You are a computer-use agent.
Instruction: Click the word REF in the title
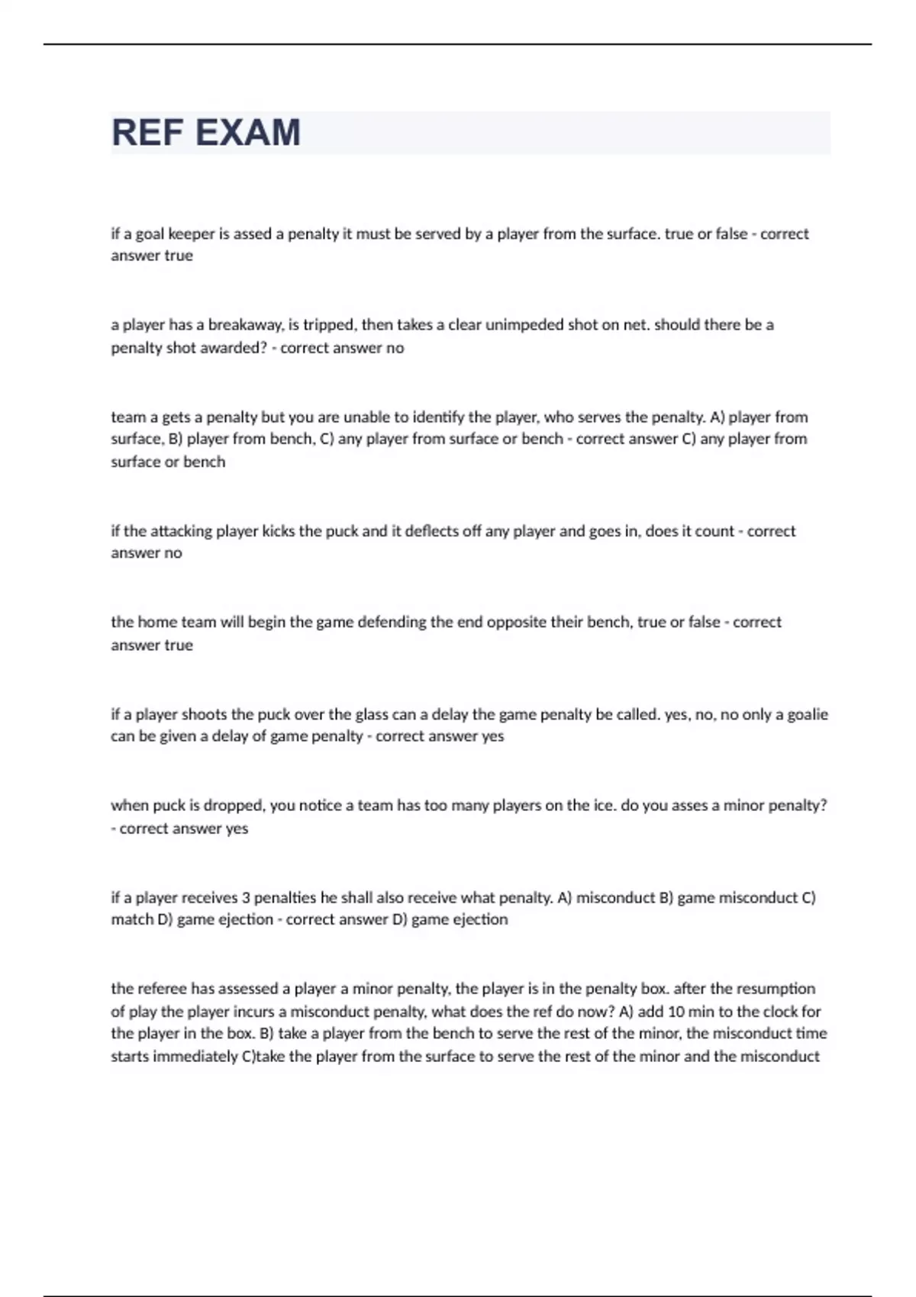click(x=148, y=133)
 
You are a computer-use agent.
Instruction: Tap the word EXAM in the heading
click(x=248, y=133)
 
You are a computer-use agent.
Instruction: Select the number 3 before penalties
click(x=246, y=898)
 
